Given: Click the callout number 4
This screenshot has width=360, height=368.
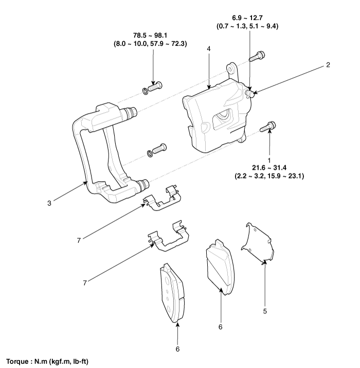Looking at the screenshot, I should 209,48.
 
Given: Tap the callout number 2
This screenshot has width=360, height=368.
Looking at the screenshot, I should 328,65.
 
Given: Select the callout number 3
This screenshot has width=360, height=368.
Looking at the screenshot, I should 48,202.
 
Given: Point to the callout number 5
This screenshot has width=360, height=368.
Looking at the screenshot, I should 265,311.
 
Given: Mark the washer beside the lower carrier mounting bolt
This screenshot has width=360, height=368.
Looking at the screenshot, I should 150,152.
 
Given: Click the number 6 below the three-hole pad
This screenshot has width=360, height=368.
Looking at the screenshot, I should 177,348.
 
